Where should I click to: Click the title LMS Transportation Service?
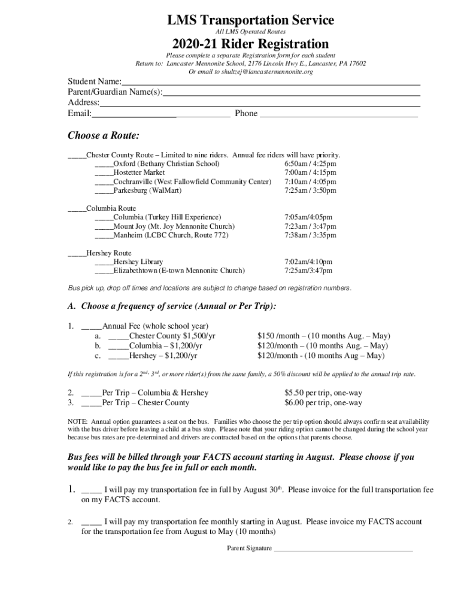(250, 20)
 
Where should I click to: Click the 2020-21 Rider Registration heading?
(250, 44)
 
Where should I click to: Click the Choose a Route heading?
(104, 135)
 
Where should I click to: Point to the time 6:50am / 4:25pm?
(310, 163)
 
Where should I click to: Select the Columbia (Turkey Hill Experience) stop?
(167, 217)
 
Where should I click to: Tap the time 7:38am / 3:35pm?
(310, 235)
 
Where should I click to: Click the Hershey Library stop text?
(138, 262)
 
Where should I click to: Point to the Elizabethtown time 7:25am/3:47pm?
(308, 271)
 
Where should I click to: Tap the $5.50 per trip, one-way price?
(323, 393)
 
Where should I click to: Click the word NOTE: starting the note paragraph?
(77, 421)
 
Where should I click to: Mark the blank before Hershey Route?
(77, 254)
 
